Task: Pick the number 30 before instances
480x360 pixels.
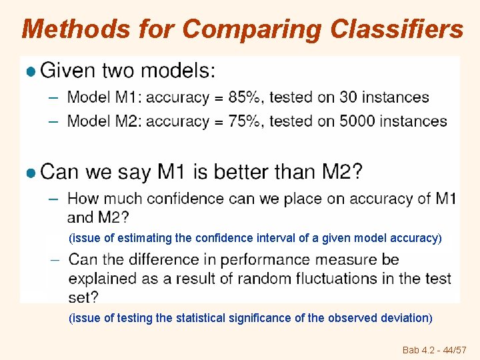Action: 349,97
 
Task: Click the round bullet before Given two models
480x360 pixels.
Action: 30,71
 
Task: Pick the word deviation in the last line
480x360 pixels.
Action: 404,318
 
